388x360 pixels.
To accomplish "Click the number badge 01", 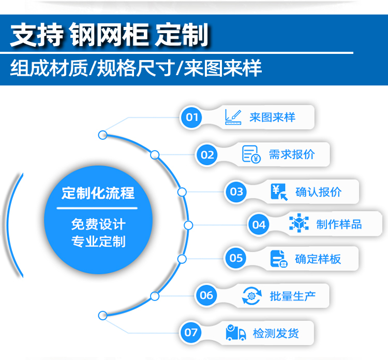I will click(192, 117).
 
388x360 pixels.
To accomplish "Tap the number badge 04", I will click(259, 224).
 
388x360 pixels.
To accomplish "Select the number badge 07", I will click(191, 332).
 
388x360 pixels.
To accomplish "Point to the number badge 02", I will click(207, 154).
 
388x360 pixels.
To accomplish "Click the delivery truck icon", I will click(236, 333).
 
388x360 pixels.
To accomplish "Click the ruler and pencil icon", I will click(234, 117).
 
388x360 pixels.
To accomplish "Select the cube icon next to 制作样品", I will click(299, 224).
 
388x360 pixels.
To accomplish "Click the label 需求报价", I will click(292, 154).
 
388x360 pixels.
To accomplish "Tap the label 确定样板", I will click(318, 258).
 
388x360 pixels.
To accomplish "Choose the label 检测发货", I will click(276, 333).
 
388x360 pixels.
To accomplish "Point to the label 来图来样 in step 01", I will click(272, 117).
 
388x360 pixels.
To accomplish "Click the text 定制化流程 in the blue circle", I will click(98, 193).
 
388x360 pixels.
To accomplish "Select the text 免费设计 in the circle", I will click(98, 225).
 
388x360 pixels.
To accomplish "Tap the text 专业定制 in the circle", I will click(98, 241).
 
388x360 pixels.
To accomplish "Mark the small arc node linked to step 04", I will click(188, 225).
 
